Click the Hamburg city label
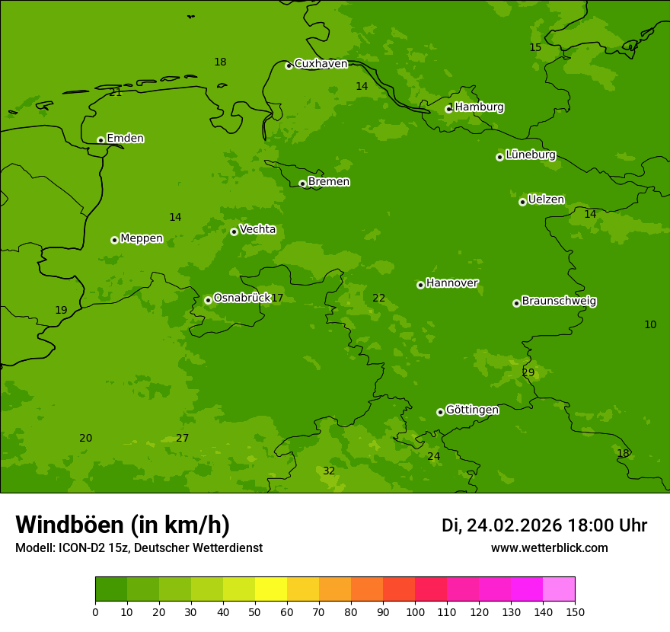[x=479, y=107]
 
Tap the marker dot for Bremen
[x=302, y=184]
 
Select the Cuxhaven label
[x=321, y=64]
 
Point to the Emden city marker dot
[x=100, y=140]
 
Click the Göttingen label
[x=472, y=410]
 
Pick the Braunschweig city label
[x=559, y=302]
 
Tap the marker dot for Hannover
[x=420, y=285]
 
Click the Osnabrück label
[x=242, y=298]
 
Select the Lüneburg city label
[x=530, y=155]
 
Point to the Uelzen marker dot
[x=522, y=202]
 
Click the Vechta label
[x=257, y=230]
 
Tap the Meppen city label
[x=142, y=238]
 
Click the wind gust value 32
[x=329, y=471]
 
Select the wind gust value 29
[x=528, y=373]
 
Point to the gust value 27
[x=182, y=439]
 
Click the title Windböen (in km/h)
[x=123, y=525]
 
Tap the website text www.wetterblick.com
[x=549, y=548]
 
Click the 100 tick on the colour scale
[x=415, y=611]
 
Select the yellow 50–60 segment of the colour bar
[x=271, y=589]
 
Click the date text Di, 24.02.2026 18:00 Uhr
[x=544, y=525]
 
